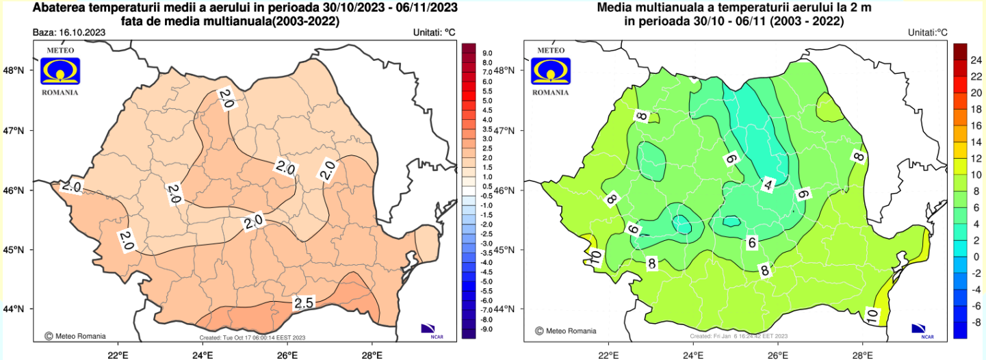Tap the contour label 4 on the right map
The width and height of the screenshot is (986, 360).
click(768, 185)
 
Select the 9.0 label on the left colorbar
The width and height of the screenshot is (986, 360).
click(488, 53)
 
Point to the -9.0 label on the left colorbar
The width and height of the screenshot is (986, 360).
click(486, 329)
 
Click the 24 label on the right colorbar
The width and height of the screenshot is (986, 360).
click(977, 60)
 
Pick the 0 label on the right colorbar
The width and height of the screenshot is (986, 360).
click(977, 256)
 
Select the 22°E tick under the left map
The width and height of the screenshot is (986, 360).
click(118, 354)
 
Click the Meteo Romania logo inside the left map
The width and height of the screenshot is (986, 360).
click(60, 70)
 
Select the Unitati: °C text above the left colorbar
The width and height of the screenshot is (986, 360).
click(434, 33)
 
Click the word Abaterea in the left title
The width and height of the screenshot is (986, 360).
click(60, 8)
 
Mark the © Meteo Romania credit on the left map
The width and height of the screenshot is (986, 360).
click(75, 336)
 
